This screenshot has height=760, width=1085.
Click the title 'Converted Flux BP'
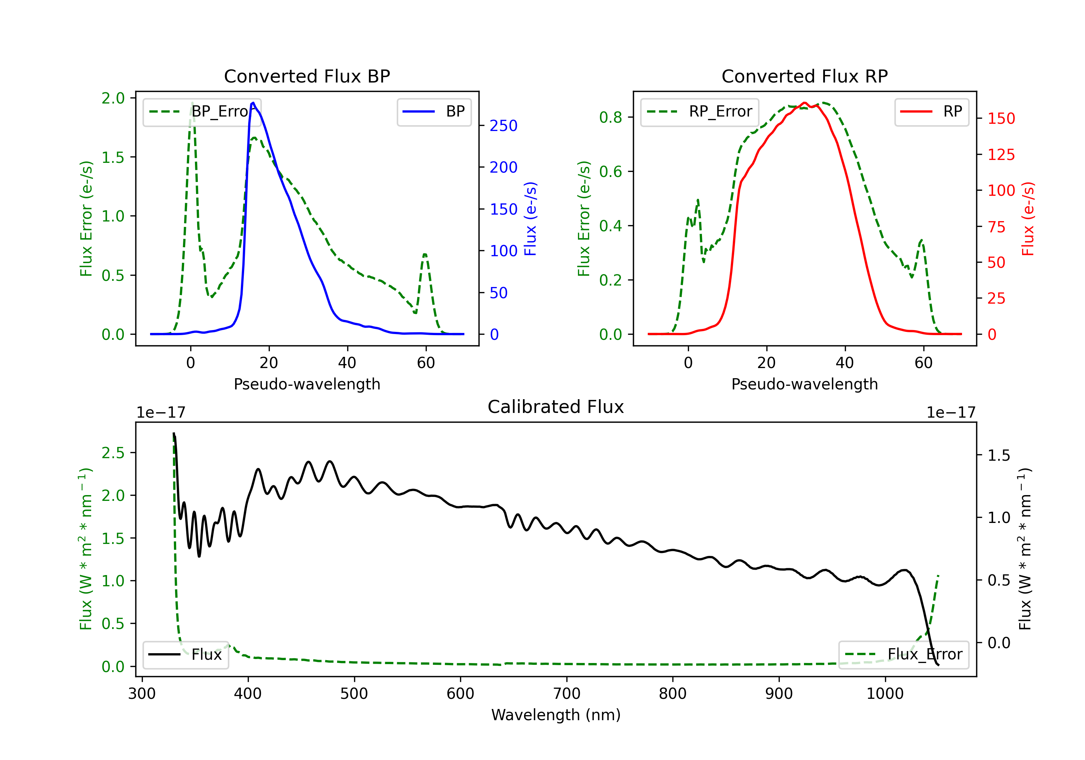(307, 76)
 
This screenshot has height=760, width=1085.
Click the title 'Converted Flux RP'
(805, 76)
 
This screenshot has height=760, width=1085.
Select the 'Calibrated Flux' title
(556, 407)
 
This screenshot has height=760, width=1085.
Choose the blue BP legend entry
(434, 111)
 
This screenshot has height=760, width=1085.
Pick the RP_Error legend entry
(699, 111)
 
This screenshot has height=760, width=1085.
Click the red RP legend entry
(931, 111)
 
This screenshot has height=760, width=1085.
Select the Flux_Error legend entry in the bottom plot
(903, 655)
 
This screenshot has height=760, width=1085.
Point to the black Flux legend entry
(185, 655)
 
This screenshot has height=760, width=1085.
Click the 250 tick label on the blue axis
(503, 126)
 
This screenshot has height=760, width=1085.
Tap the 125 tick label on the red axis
(1001, 155)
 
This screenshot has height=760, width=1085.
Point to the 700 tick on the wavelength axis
(567, 694)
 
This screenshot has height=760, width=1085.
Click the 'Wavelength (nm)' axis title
(556, 715)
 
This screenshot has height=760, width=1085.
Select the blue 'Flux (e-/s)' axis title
(531, 219)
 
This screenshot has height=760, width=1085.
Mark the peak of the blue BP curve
(253, 103)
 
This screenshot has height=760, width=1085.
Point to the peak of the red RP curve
(805, 103)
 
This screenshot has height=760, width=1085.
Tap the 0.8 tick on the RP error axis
(610, 117)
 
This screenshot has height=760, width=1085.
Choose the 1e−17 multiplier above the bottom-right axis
(951, 413)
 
